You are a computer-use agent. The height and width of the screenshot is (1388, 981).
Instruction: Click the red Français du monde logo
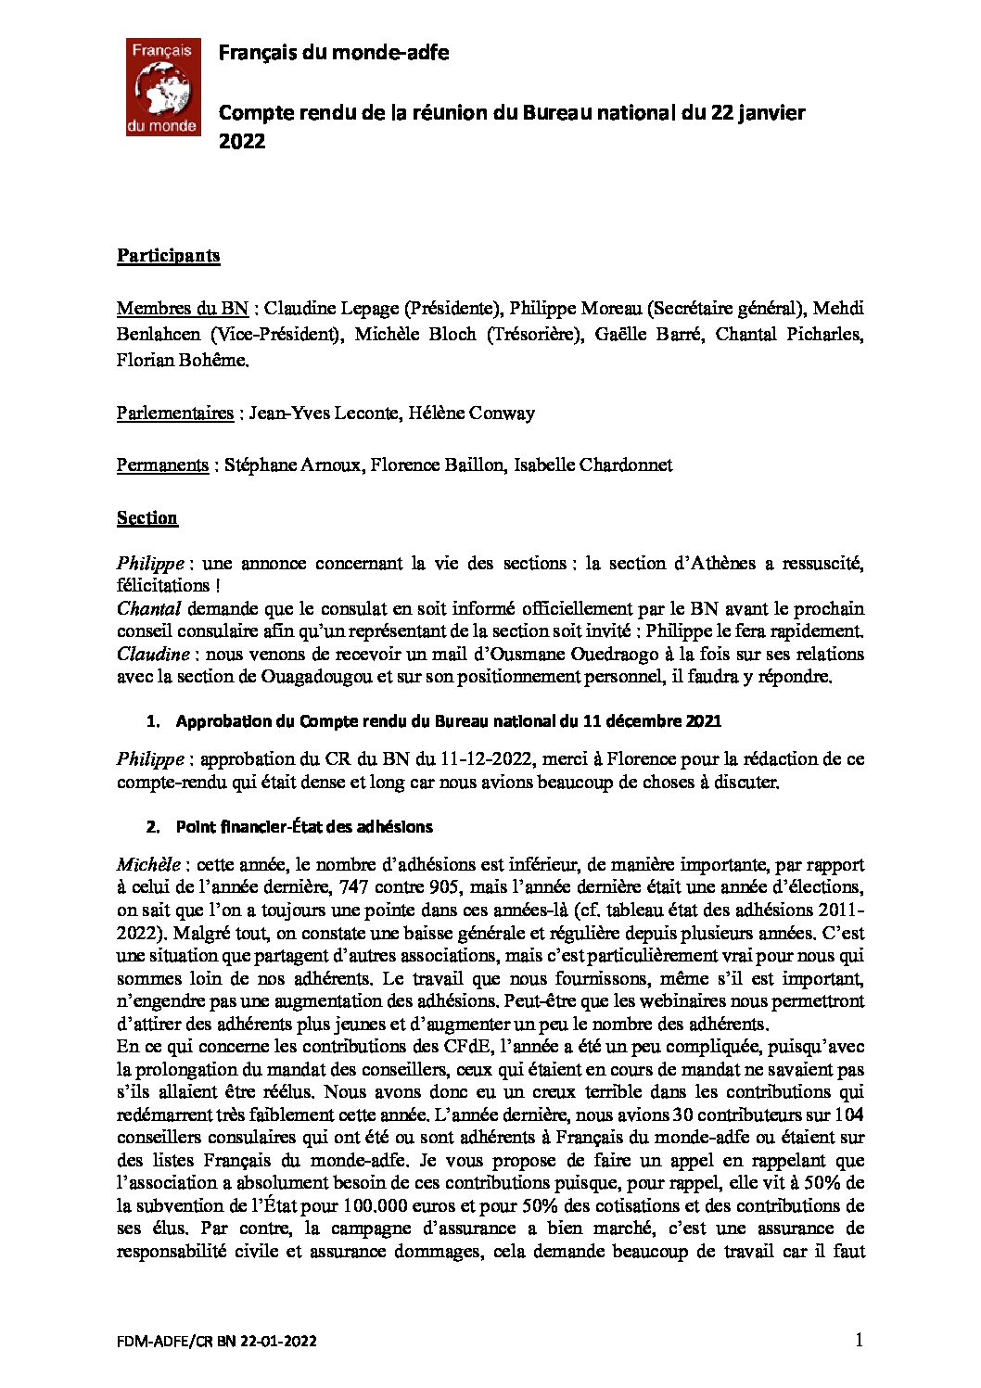[162, 88]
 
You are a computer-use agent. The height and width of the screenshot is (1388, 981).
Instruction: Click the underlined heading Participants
[168, 256]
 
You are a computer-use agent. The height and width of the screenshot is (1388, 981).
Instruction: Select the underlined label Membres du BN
[182, 308]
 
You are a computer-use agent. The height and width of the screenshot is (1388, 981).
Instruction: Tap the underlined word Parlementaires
[174, 413]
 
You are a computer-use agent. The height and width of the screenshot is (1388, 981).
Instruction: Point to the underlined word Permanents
[162, 465]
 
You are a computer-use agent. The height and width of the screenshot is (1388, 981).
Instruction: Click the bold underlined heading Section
[147, 517]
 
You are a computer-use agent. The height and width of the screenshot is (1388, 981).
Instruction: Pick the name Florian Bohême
[183, 361]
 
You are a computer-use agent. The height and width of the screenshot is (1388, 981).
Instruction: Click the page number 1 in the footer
[859, 1340]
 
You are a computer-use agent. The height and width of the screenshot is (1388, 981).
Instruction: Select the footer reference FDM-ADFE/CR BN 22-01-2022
[217, 1342]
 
